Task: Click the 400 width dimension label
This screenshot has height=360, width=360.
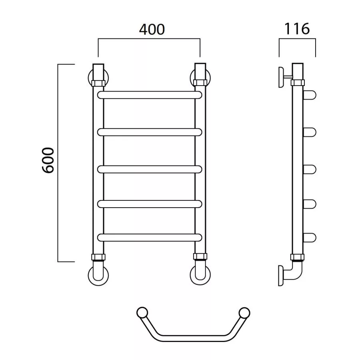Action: click(x=152, y=29)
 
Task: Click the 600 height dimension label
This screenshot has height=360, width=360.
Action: click(x=48, y=160)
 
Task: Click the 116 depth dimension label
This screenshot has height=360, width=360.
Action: click(x=297, y=29)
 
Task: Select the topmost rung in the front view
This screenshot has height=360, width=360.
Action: click(x=150, y=95)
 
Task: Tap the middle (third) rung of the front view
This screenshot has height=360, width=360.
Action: click(x=150, y=169)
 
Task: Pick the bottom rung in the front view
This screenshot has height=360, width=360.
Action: click(x=150, y=237)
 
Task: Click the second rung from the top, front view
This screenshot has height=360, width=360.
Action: click(x=150, y=132)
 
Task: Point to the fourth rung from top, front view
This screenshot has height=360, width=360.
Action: click(x=150, y=204)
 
